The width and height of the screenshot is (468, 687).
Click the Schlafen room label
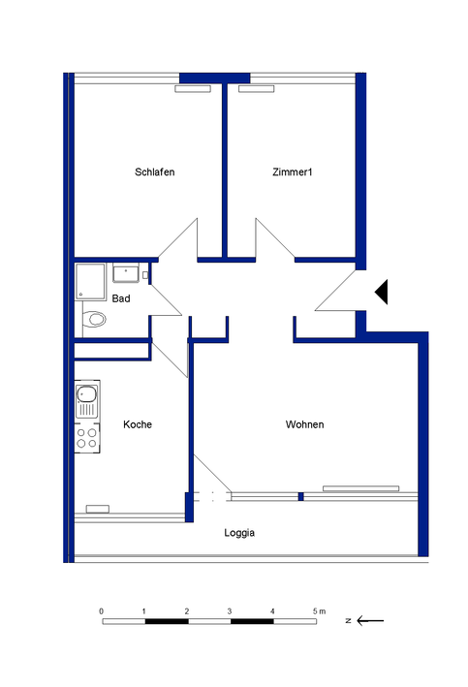click(x=155, y=172)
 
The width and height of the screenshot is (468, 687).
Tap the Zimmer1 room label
click(x=293, y=172)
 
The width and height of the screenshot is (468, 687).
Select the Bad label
click(x=121, y=298)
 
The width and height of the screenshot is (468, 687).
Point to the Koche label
click(x=138, y=424)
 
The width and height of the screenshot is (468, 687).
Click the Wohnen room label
click(x=304, y=424)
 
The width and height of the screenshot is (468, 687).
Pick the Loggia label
click(x=239, y=533)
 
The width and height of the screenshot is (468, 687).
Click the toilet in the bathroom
click(x=93, y=319)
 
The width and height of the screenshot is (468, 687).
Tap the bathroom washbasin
click(x=126, y=273)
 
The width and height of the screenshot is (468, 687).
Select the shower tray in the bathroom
click(x=91, y=282)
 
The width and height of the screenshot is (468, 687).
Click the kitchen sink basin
click(x=86, y=393)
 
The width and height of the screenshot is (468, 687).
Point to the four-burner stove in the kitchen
click(x=87, y=438)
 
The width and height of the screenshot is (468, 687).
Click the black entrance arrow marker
click(x=381, y=292)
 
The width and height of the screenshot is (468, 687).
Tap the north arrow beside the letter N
click(x=370, y=620)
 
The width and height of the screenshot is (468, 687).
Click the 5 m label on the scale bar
click(x=320, y=611)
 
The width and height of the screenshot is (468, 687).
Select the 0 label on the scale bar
click(x=102, y=611)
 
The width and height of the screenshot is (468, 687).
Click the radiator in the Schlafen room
click(x=193, y=89)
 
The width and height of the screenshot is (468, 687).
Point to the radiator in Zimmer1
click(x=257, y=89)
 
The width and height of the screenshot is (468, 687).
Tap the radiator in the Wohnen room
click(x=361, y=488)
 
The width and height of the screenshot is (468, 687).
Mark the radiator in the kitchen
click(x=98, y=509)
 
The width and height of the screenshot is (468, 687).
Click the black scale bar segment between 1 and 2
click(x=167, y=621)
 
